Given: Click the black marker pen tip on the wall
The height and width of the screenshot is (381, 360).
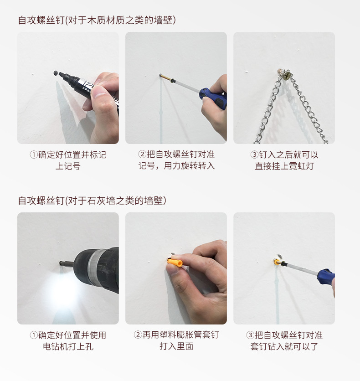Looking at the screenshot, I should tap(56, 72).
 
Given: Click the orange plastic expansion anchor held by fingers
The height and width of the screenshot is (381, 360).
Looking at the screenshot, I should tap(175, 263).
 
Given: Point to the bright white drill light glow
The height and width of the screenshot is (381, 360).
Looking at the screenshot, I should tap(64, 292).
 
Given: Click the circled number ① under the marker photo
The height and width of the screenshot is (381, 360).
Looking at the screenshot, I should tap(33, 155).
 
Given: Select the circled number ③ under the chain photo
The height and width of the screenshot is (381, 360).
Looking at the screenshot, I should tap(254, 155).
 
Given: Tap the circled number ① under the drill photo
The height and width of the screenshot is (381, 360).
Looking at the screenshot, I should tap(33, 335).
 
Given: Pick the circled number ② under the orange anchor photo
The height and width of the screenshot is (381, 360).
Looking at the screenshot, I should tap(138, 335).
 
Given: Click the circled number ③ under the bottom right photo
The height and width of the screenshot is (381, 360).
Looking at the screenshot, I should tap(250, 335).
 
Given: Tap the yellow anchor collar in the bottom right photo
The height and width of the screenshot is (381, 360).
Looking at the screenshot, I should tap(276, 262).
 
